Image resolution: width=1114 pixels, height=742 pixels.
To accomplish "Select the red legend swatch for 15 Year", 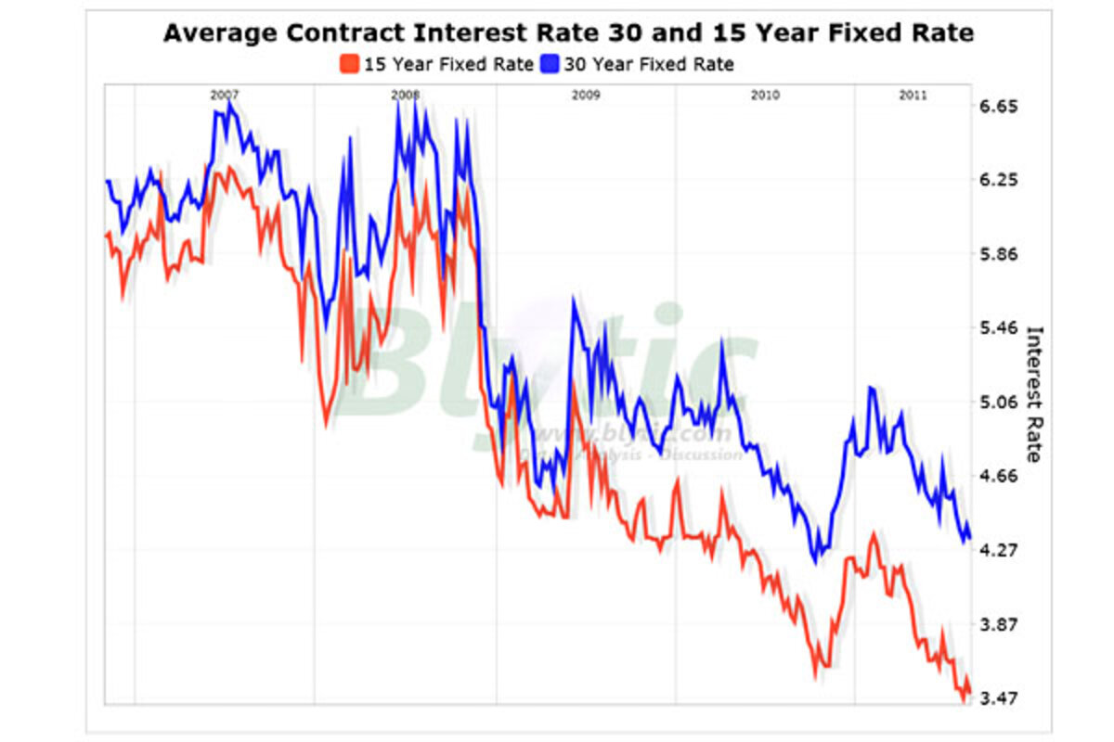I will tap(349, 64).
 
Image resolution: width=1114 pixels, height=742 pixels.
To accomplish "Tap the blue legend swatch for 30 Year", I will tap(551, 64).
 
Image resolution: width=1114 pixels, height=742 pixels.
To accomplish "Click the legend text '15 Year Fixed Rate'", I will tap(447, 64).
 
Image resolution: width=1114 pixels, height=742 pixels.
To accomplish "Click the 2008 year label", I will tap(405, 95).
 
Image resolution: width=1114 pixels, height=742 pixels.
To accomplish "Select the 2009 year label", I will tap(586, 95).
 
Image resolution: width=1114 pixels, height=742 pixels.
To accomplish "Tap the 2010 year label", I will tap(765, 95).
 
